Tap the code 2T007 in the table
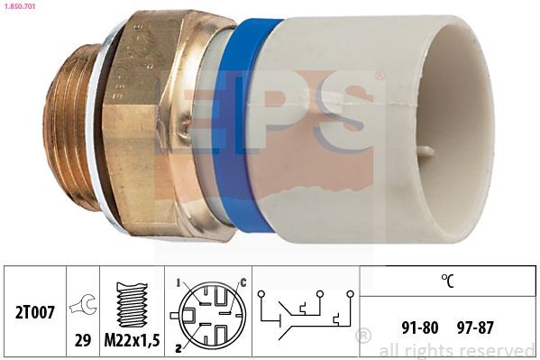point(37,312)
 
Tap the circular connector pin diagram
point(208,311)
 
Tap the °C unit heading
point(447,281)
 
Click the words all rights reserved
point(457,350)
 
